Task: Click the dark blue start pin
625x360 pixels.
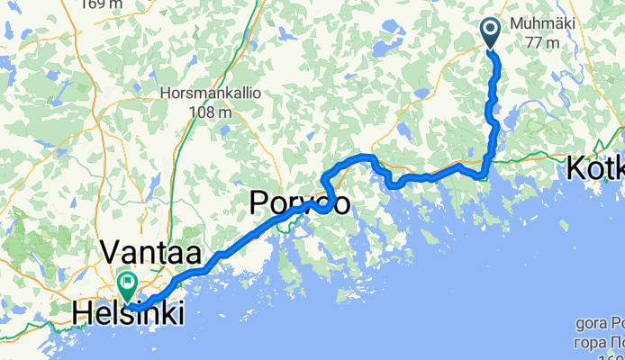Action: tap(491, 33)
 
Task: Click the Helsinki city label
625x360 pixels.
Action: tap(131, 314)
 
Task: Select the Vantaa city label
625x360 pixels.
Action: tap(150, 251)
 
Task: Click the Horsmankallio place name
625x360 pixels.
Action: tap(203, 93)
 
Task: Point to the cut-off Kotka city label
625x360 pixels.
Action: tap(595, 168)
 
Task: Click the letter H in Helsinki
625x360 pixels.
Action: tap(85, 314)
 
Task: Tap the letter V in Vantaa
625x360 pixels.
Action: tap(113, 251)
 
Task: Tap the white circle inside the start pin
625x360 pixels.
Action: tap(491, 29)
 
